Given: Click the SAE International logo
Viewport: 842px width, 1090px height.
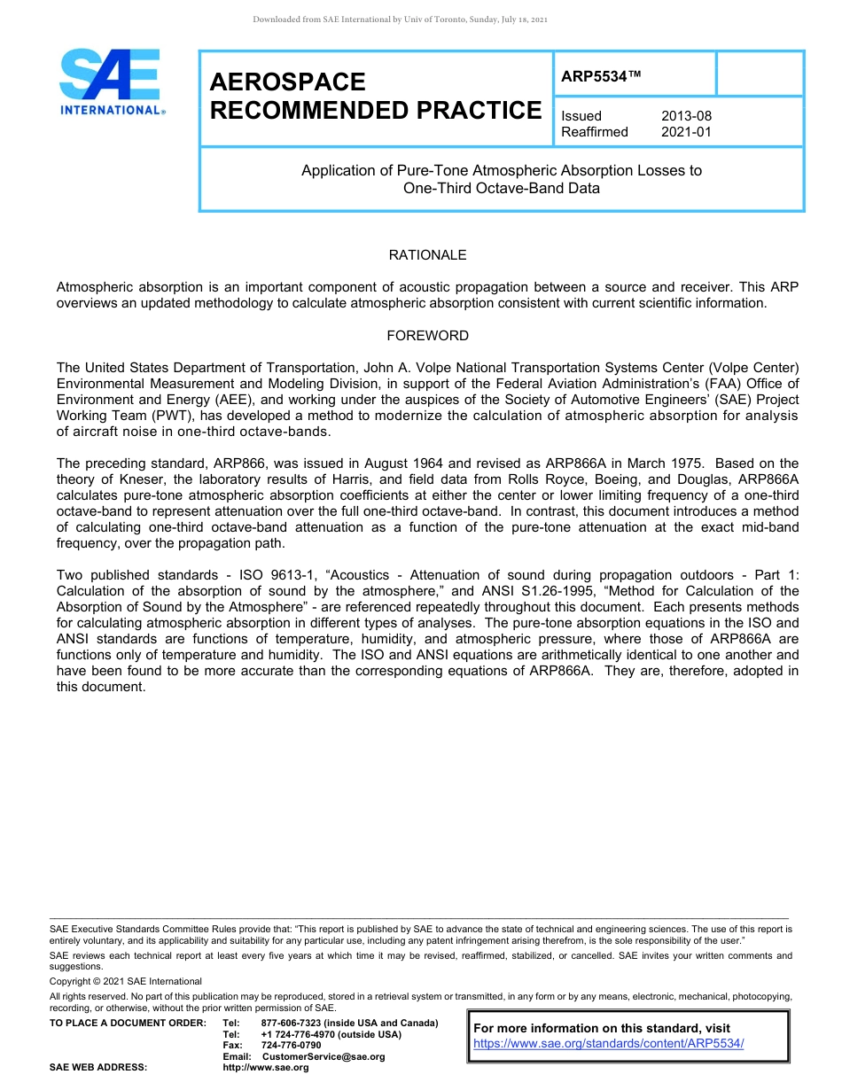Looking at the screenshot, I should [111, 82].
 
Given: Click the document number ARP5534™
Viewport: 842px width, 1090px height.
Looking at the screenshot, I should [600, 77].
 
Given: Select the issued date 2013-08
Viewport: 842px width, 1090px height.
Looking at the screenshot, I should [686, 116].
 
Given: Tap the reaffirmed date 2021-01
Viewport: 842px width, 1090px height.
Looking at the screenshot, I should [686, 132].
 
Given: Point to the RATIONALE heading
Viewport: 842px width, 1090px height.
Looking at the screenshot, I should [427, 255].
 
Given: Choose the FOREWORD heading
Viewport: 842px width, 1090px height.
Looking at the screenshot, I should [427, 336].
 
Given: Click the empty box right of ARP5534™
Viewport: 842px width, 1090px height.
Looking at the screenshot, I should [759, 74].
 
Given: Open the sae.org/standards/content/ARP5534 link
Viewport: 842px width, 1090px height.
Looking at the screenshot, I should [609, 1043].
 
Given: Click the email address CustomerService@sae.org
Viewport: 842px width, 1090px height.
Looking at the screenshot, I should [324, 1056].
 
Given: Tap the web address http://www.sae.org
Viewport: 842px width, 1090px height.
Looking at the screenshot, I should [265, 1067].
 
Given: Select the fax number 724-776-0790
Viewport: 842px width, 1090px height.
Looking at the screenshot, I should [291, 1046].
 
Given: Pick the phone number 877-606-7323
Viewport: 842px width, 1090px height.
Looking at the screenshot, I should [291, 1024].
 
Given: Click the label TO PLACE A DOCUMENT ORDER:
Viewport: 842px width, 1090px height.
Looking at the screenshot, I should [128, 1024].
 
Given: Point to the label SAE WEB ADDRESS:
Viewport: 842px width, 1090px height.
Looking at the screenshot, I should [98, 1067].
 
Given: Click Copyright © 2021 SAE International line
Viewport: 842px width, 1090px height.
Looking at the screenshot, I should [126, 981].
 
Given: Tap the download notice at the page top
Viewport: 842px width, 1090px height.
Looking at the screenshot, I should [400, 19].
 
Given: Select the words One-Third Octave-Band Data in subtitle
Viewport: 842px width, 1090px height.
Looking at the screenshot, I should [501, 188].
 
